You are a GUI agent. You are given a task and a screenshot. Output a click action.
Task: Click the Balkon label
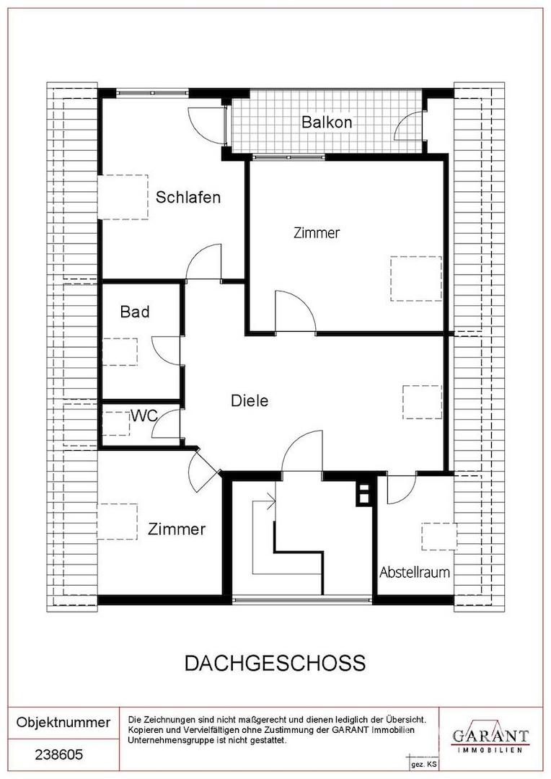point(327,122)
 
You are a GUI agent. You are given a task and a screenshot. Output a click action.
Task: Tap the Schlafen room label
point(188,197)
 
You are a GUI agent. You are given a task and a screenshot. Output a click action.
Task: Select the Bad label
point(135,312)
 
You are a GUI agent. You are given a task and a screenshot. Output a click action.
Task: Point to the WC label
point(144,416)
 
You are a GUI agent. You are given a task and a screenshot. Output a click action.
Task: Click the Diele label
point(250,400)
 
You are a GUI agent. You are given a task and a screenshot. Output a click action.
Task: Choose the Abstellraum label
point(415,572)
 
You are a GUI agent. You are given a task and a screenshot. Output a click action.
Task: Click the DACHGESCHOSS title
point(275,664)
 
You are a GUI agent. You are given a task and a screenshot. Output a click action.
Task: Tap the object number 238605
point(58,755)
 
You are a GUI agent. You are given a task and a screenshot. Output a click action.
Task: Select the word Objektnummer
point(63,722)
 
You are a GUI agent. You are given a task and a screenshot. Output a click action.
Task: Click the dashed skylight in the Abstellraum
point(439,536)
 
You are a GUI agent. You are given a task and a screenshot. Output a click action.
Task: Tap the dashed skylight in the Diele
point(422,402)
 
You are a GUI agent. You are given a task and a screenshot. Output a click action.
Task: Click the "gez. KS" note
point(424,765)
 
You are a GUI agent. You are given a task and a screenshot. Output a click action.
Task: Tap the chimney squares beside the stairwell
point(363,493)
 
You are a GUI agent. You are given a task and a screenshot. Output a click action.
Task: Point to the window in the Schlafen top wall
point(152,92)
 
